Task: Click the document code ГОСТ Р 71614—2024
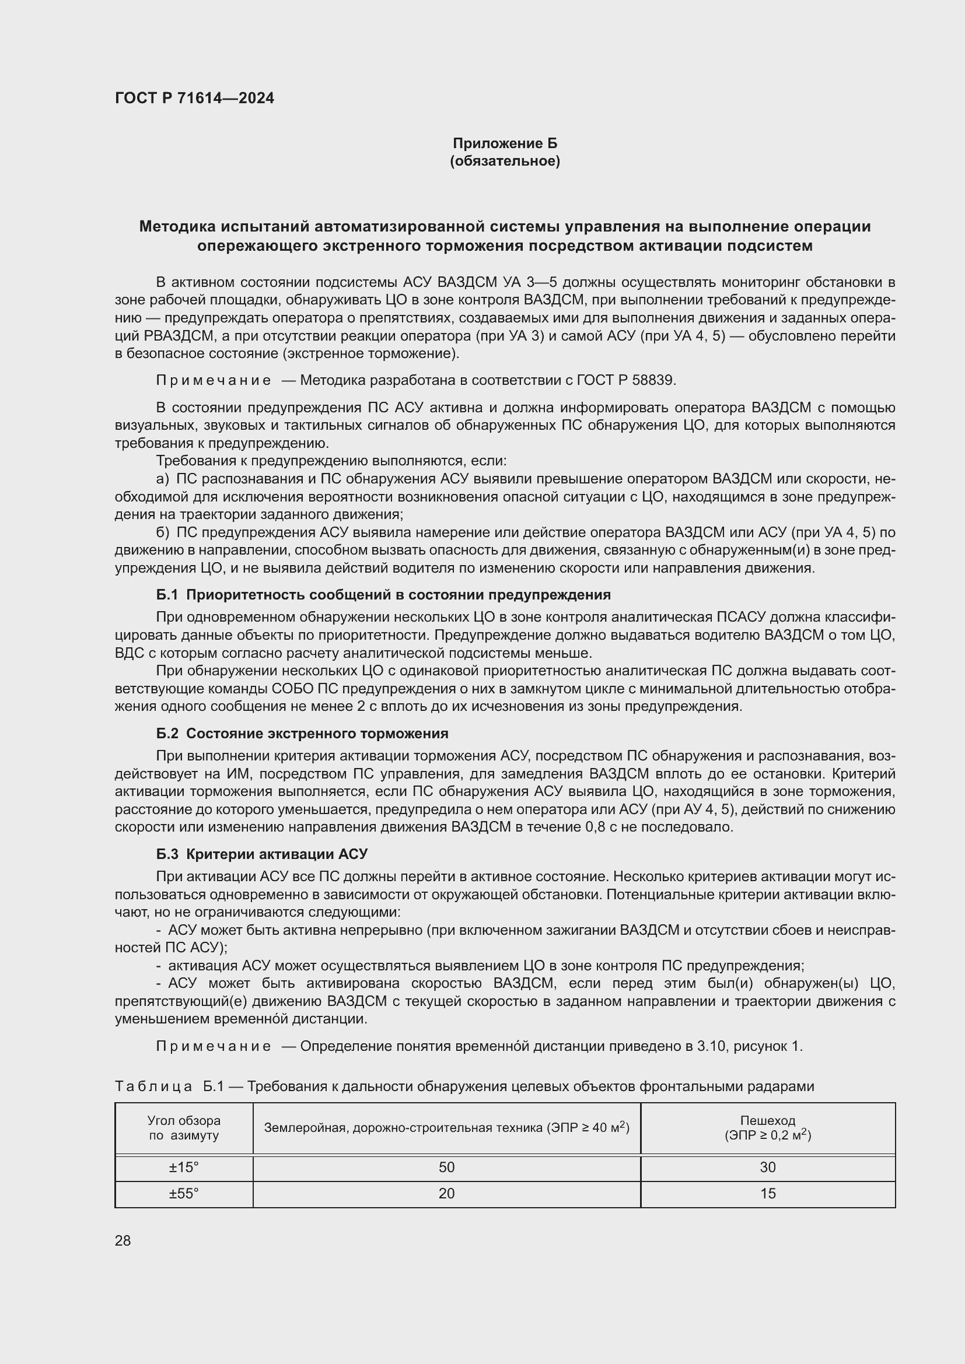pos(194,98)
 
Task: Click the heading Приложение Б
pos(505,143)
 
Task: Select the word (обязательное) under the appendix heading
pos(505,161)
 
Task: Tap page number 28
pos(123,1240)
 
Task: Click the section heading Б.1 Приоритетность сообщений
pos(383,595)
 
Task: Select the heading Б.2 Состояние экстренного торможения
pos(302,734)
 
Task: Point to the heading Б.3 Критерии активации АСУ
pos(261,854)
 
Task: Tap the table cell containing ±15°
pos(184,1167)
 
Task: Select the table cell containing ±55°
pos(184,1194)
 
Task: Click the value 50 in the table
pos(446,1167)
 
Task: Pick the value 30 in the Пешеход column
pos(767,1167)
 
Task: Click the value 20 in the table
pos(446,1194)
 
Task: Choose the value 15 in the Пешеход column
pos(767,1194)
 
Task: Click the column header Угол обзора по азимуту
pos(184,1128)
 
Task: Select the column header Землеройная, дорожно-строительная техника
pos(446,1128)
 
